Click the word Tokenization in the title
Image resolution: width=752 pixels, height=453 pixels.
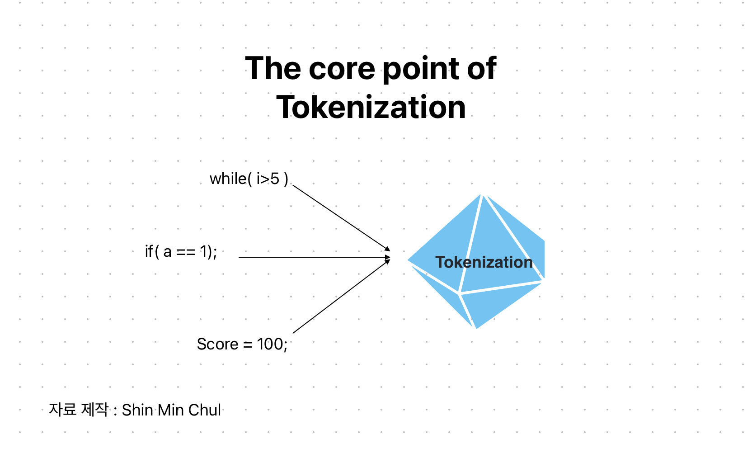pos(371,108)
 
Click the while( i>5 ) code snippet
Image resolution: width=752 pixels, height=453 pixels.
pos(249,179)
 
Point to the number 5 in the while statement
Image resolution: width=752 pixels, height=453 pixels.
pos(275,179)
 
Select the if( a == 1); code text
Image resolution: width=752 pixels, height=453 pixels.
pos(181,251)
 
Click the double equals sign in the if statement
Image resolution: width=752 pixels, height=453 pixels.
pos(185,252)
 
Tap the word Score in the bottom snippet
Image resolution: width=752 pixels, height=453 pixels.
pos(217,344)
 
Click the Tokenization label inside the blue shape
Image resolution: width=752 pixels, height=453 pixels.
pos(484,262)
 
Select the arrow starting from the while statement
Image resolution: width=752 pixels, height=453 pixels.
pos(341,217)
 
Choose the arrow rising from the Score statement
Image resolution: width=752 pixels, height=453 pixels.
pos(341,297)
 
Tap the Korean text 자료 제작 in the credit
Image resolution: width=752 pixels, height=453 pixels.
pos(79,410)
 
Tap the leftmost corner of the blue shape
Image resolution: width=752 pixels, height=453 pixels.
pos(408,260)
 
